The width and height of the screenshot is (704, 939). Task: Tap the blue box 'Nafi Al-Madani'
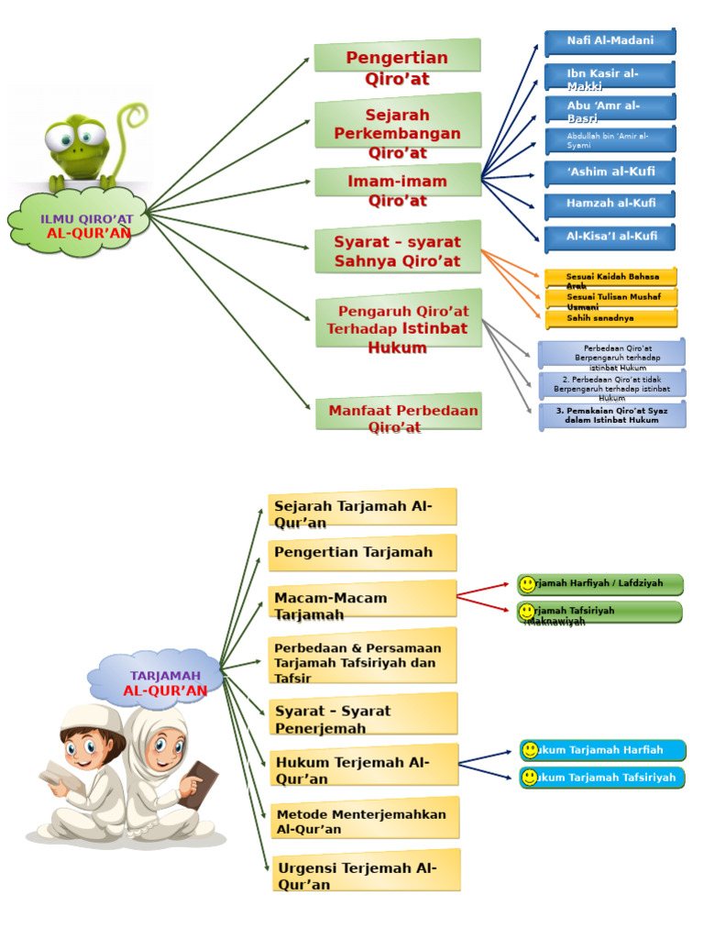coord(610,41)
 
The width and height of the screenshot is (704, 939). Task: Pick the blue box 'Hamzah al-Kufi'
coord(610,204)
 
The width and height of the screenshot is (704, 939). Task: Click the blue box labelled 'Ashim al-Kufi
coord(610,171)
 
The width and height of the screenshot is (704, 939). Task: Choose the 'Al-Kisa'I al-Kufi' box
coord(610,237)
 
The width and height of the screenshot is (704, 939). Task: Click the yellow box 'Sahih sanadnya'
coord(610,318)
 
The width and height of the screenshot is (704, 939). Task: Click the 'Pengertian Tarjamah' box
coord(362,553)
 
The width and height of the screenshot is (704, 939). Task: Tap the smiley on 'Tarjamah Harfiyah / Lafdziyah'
coord(527,584)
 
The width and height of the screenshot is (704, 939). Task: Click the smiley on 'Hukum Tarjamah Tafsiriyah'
coord(530,778)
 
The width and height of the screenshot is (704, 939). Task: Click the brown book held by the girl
coord(200,784)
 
